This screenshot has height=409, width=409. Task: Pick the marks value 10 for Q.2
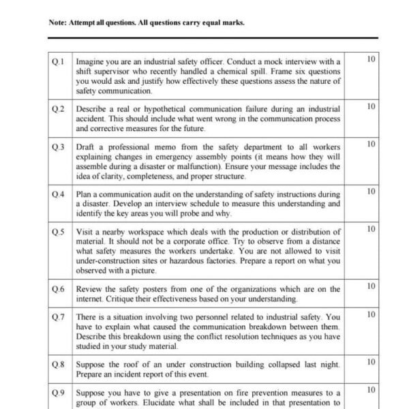tap(371, 107)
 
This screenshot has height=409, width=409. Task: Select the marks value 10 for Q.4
tap(371, 192)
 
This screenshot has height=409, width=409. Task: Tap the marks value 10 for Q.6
tap(371, 287)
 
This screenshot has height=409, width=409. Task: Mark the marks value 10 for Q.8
tap(371, 362)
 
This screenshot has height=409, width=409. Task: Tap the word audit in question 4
tap(168, 194)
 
